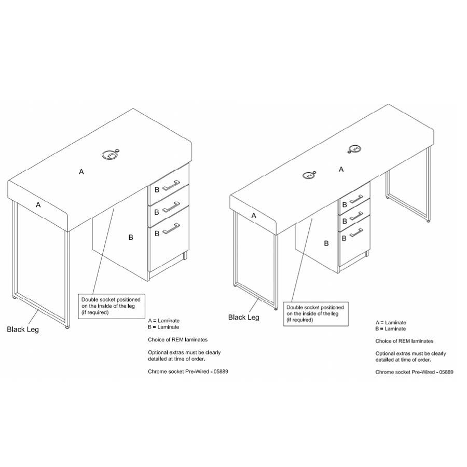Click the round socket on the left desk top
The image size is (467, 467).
(110, 155)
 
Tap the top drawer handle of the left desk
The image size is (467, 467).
(171, 184)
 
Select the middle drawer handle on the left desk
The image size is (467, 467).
(171, 206)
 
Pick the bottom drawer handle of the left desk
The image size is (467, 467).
(171, 228)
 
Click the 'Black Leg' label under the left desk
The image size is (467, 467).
(23, 329)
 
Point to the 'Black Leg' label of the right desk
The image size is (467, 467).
(244, 318)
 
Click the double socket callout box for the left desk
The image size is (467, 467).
(112, 307)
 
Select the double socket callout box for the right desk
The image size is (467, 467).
(315, 314)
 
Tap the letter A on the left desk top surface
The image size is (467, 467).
(81, 172)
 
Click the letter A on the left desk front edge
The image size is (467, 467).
(38, 205)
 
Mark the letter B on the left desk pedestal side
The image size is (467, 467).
(130, 237)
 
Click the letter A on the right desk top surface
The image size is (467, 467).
(341, 170)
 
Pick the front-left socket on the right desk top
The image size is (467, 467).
(309, 175)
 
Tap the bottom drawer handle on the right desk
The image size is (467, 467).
(356, 232)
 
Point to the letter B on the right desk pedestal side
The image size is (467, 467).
(326, 244)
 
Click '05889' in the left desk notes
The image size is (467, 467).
(221, 372)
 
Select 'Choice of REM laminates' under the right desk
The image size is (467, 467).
(404, 341)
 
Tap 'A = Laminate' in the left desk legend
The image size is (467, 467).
(164, 321)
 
